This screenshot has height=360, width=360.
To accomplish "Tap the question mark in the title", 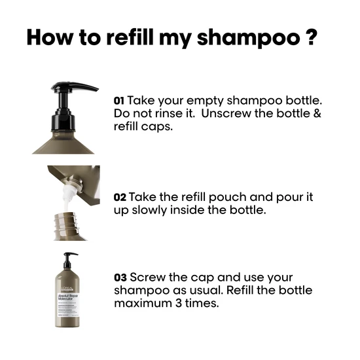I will pyautogui.click(x=310, y=36).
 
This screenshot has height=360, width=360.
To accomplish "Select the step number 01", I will pyautogui.click(x=118, y=101).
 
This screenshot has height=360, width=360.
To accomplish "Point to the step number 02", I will pyautogui.click(x=120, y=197).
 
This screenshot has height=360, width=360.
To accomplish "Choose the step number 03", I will pyautogui.click(x=120, y=278).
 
